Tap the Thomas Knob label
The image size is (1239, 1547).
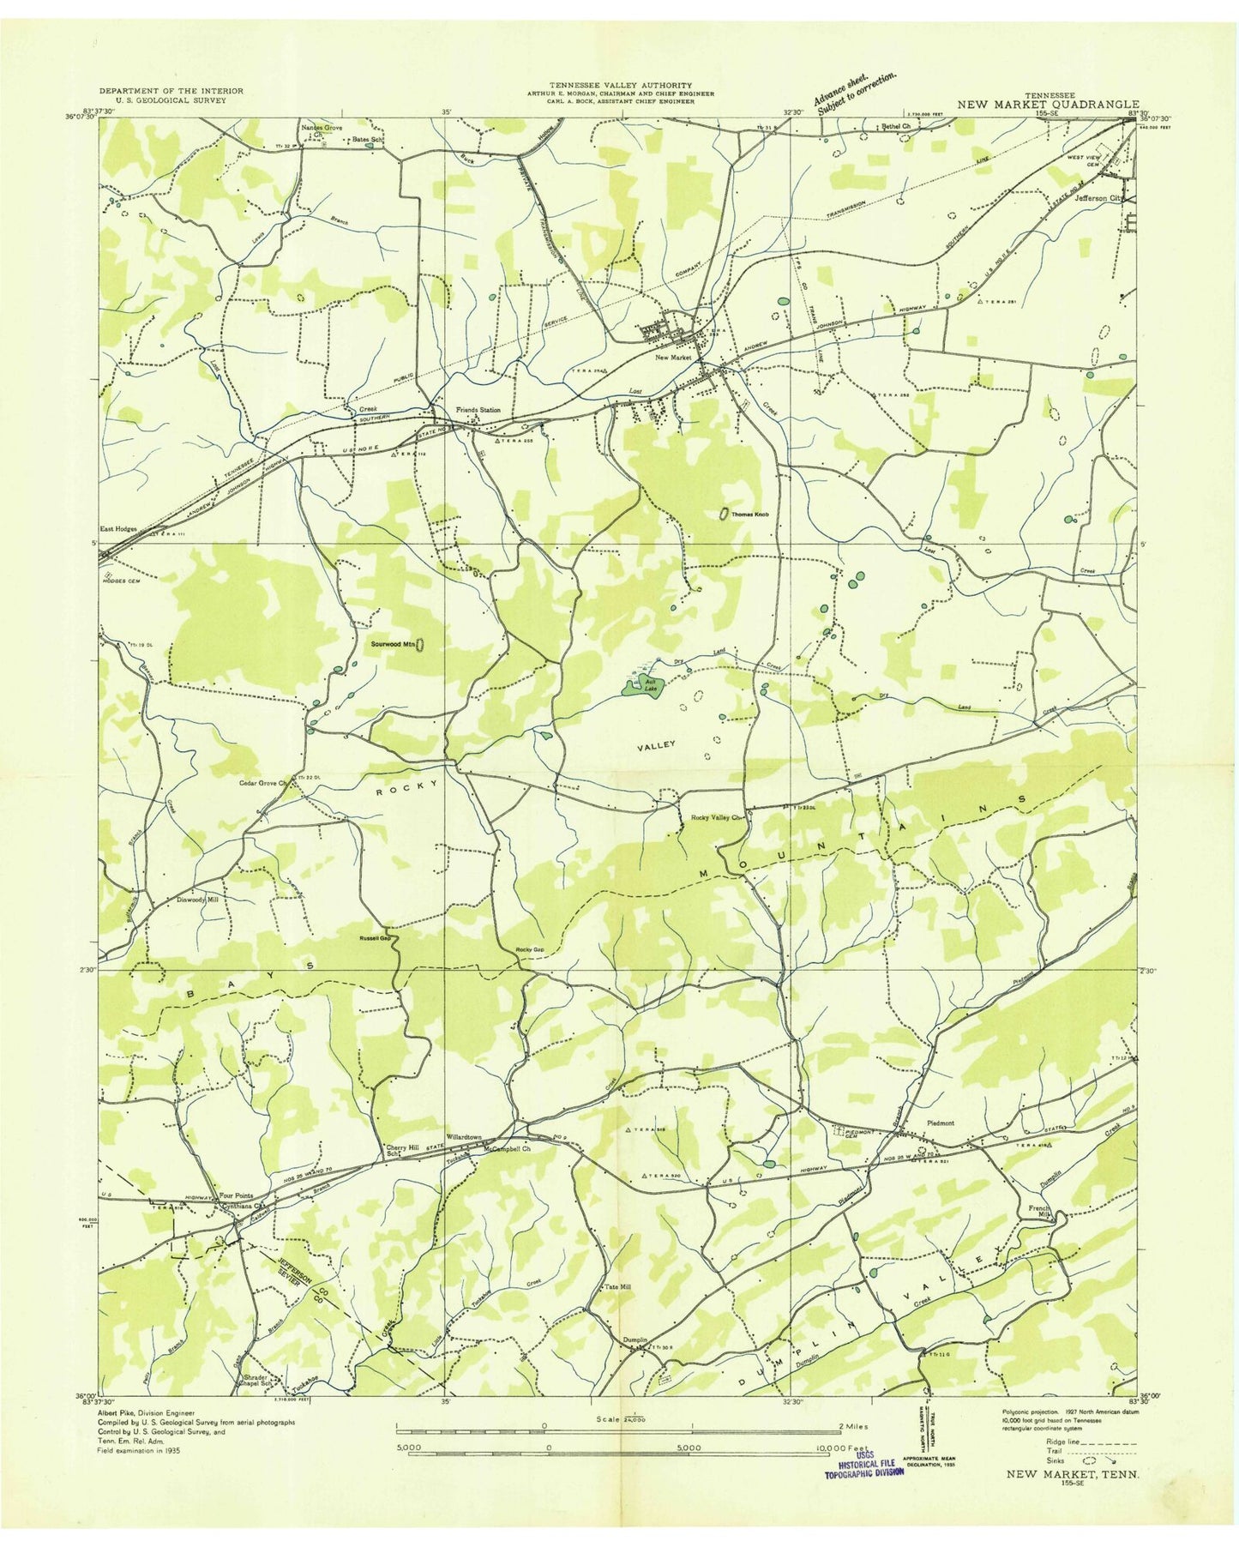tap(749, 515)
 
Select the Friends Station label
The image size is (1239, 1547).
tap(478, 410)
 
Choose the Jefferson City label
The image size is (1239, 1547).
tap(1099, 196)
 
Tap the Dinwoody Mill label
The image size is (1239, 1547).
tap(197, 900)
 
